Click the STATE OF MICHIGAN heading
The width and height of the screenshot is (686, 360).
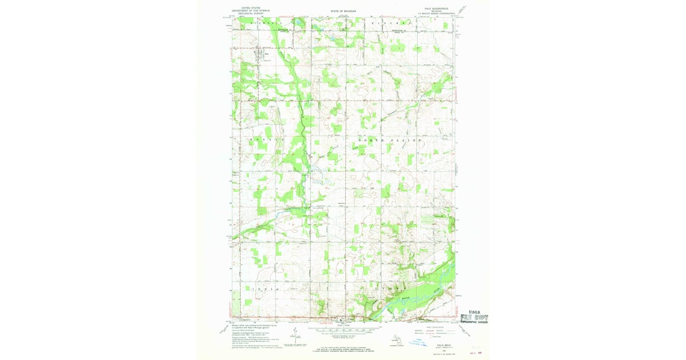click(343, 11)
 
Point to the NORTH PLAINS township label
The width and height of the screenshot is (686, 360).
click(390, 140)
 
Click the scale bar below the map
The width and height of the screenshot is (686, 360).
click(343, 330)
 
